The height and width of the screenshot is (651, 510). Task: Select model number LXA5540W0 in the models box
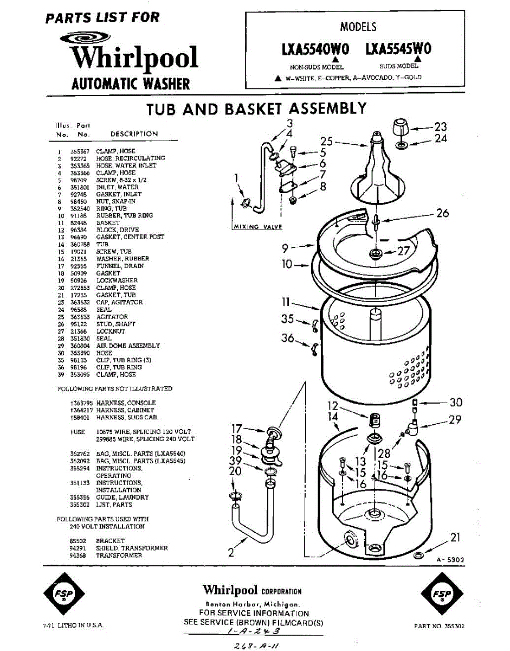tap(315, 49)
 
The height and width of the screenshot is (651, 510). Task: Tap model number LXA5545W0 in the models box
tap(398, 49)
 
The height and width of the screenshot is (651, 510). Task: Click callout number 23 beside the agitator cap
tap(441, 127)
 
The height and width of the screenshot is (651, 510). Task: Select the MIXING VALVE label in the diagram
tap(257, 227)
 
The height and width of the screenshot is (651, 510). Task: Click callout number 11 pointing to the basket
tap(286, 302)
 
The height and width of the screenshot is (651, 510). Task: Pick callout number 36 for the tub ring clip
tap(288, 339)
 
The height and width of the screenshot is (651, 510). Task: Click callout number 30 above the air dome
tap(456, 403)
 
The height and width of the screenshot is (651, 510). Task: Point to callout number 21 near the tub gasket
tap(455, 538)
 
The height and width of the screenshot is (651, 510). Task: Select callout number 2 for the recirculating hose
tap(231, 553)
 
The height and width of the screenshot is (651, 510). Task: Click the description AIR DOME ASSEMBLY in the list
tap(128, 346)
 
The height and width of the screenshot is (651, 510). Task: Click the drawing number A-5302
tap(450, 559)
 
